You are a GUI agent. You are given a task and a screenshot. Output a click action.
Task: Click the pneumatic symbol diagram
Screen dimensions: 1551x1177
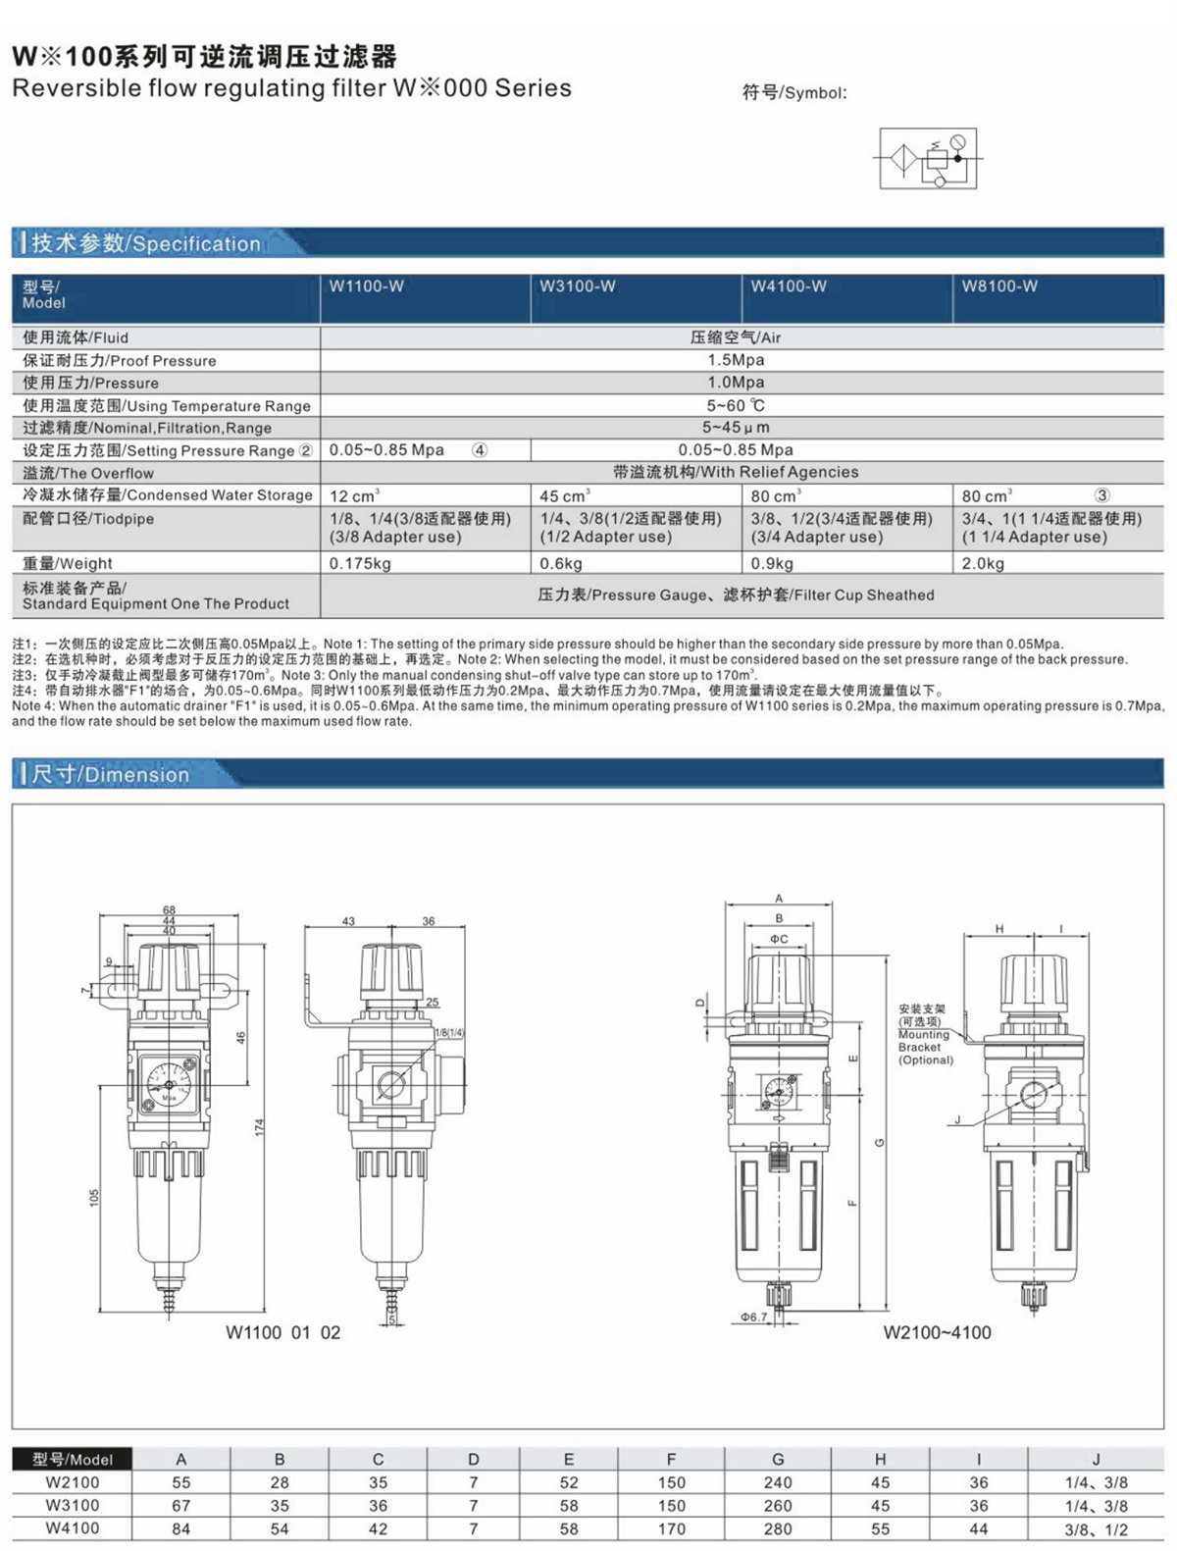coord(928,158)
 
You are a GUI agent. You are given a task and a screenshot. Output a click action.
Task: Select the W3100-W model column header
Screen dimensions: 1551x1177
coord(578,286)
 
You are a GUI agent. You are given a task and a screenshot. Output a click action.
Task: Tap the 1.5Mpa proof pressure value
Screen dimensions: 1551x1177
coord(736,360)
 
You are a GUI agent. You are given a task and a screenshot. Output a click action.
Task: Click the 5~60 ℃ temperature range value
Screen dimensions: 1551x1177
coord(736,405)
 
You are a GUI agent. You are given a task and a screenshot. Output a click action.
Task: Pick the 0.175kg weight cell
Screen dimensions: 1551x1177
coord(360,563)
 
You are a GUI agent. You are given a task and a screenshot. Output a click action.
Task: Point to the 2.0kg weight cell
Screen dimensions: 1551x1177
coord(983,563)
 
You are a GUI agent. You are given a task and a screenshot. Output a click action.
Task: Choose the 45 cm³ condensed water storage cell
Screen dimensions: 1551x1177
coord(565,496)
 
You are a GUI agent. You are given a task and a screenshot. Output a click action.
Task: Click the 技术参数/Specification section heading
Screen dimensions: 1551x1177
coord(146,243)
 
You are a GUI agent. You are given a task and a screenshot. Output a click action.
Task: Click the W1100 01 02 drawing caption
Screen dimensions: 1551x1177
coord(282,1332)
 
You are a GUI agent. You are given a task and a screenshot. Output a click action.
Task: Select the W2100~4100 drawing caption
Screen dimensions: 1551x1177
coord(937,1332)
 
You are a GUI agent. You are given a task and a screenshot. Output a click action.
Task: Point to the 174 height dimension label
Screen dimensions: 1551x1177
coord(260,1127)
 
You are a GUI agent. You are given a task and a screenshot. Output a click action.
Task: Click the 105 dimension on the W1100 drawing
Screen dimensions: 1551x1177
coord(94,1198)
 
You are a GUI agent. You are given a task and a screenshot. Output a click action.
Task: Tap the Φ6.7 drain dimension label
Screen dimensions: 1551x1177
coord(753,1317)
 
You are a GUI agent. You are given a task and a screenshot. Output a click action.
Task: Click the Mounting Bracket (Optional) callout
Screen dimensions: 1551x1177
coord(925,1034)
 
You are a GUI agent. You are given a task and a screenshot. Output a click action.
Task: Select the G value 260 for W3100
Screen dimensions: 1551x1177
coord(777,1505)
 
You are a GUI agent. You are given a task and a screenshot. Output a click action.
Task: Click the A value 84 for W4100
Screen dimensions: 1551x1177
coord(180,1528)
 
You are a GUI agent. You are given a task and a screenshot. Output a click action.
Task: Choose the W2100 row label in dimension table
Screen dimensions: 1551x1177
coord(73,1482)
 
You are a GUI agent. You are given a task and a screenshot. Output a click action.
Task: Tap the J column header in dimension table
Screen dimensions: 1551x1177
coord(1096,1459)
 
